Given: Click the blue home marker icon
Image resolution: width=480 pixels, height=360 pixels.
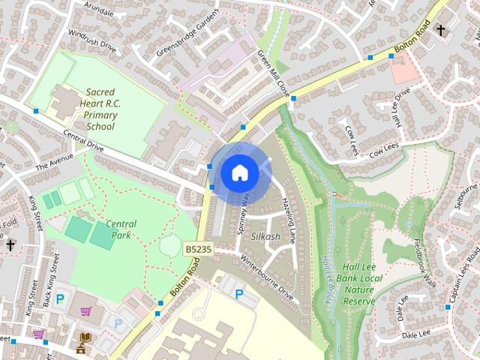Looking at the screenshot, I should [x=239, y=173].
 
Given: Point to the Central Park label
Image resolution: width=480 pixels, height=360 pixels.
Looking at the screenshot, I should [x=120, y=229].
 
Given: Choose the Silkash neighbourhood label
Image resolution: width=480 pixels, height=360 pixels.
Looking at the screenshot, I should [x=265, y=236].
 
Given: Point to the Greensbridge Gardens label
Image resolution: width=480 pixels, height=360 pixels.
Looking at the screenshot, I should [x=187, y=34].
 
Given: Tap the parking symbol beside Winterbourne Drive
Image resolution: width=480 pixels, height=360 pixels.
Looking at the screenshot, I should [x=239, y=295].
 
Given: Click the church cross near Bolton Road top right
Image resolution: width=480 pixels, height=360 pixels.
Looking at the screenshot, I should [x=441, y=31].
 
